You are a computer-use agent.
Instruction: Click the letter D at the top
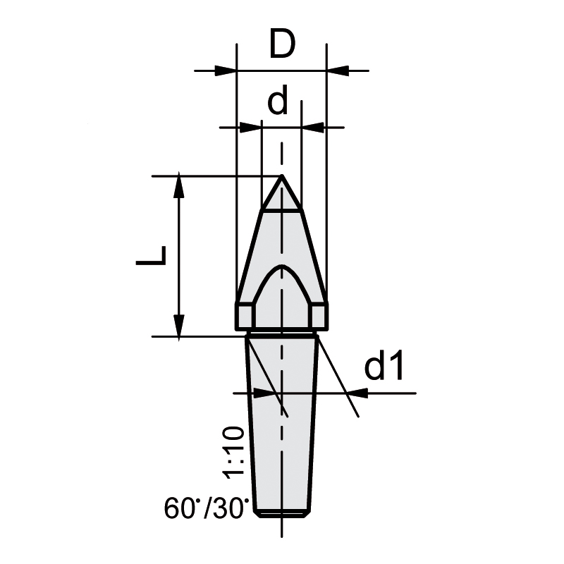click(282, 46)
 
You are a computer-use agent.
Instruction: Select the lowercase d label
click(278, 102)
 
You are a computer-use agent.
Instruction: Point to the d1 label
click(386, 367)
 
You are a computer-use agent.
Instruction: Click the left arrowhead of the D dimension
click(226, 70)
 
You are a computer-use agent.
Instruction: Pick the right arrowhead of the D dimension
click(337, 70)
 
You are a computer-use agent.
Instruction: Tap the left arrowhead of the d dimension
click(251, 128)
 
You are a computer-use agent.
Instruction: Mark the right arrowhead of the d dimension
click(312, 128)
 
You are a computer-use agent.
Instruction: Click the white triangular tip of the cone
click(282, 198)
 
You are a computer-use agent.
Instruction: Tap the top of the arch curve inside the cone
click(282, 268)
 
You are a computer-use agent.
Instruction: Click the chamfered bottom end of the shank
click(282, 513)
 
